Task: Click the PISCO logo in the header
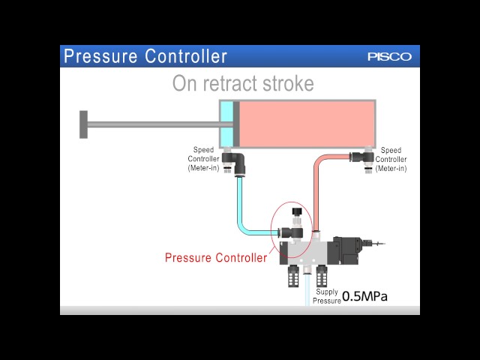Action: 389,57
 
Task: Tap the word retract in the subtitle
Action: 241,83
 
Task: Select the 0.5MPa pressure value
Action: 365,296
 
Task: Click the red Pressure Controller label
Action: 216,258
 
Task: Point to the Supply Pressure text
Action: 327,295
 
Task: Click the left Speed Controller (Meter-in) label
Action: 203,159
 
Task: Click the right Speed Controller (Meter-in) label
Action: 391,159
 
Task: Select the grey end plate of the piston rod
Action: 83,124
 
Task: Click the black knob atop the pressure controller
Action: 297,213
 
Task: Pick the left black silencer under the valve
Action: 292,277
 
